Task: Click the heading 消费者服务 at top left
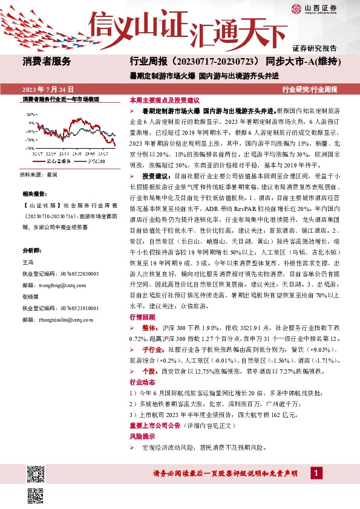[47, 61]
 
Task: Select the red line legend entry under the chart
[57, 161]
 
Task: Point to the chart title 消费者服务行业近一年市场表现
[61, 99]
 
